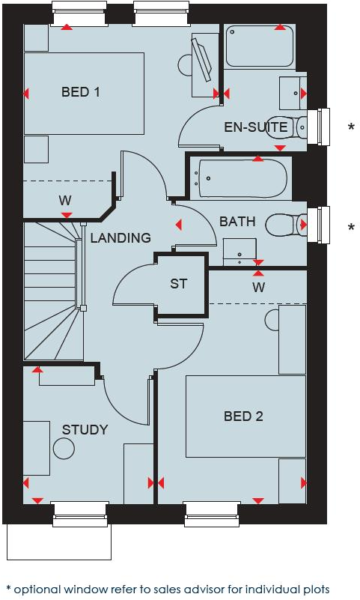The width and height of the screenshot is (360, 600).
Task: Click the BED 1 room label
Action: pyautogui.click(x=81, y=92)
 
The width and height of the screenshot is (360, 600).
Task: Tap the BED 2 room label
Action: pyautogui.click(x=243, y=416)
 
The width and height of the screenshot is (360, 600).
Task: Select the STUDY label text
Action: pyautogui.click(x=85, y=430)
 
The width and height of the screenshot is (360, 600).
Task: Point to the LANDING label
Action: pyautogui.click(x=120, y=237)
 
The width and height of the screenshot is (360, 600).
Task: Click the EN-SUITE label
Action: pyautogui.click(x=256, y=127)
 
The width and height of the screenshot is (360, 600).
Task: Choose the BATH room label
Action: pyautogui.click(x=237, y=222)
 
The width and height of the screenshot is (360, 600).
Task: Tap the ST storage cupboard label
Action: pyautogui.click(x=178, y=284)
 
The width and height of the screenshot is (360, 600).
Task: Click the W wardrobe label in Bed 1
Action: pyautogui.click(x=65, y=200)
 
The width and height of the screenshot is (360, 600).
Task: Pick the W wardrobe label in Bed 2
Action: pyautogui.click(x=259, y=287)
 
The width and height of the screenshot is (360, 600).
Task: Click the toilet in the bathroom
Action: pyautogui.click(x=286, y=225)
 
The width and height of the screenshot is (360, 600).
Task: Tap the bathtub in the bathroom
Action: pyautogui.click(x=242, y=178)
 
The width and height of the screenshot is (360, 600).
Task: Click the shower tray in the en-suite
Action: pyautogui.click(x=260, y=46)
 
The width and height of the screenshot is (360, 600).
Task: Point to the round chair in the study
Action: pyautogui.click(x=64, y=449)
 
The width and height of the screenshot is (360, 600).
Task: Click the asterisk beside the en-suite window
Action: pyautogui.click(x=351, y=127)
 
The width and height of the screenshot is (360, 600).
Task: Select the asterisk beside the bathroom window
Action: pyautogui.click(x=351, y=227)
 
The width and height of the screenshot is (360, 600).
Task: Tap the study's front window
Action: pyautogui.click(x=80, y=515)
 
